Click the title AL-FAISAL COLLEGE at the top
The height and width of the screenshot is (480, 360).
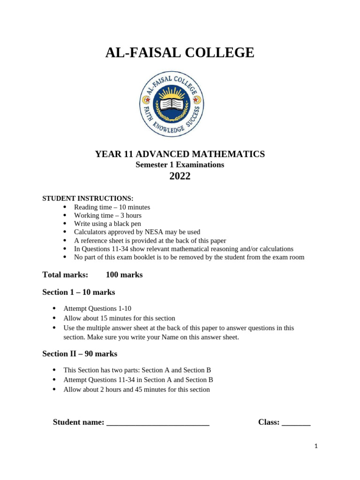[x=180, y=53]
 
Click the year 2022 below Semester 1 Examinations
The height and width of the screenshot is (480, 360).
[x=180, y=176]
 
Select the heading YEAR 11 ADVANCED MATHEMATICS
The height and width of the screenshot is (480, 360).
[x=180, y=154]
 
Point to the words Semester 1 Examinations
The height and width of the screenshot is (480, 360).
[x=180, y=165]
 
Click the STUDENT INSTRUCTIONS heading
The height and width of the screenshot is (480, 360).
[x=88, y=198]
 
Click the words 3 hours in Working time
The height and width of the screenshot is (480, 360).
[x=131, y=216]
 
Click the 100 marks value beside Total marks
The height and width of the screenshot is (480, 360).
[x=124, y=275]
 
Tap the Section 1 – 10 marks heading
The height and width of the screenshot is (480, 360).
[x=79, y=292]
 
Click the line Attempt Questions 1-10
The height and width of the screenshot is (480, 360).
[x=97, y=308]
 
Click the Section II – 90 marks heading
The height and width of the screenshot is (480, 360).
[x=80, y=353]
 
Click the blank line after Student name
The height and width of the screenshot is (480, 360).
[x=158, y=423]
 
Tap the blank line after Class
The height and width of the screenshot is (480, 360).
[x=296, y=423]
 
